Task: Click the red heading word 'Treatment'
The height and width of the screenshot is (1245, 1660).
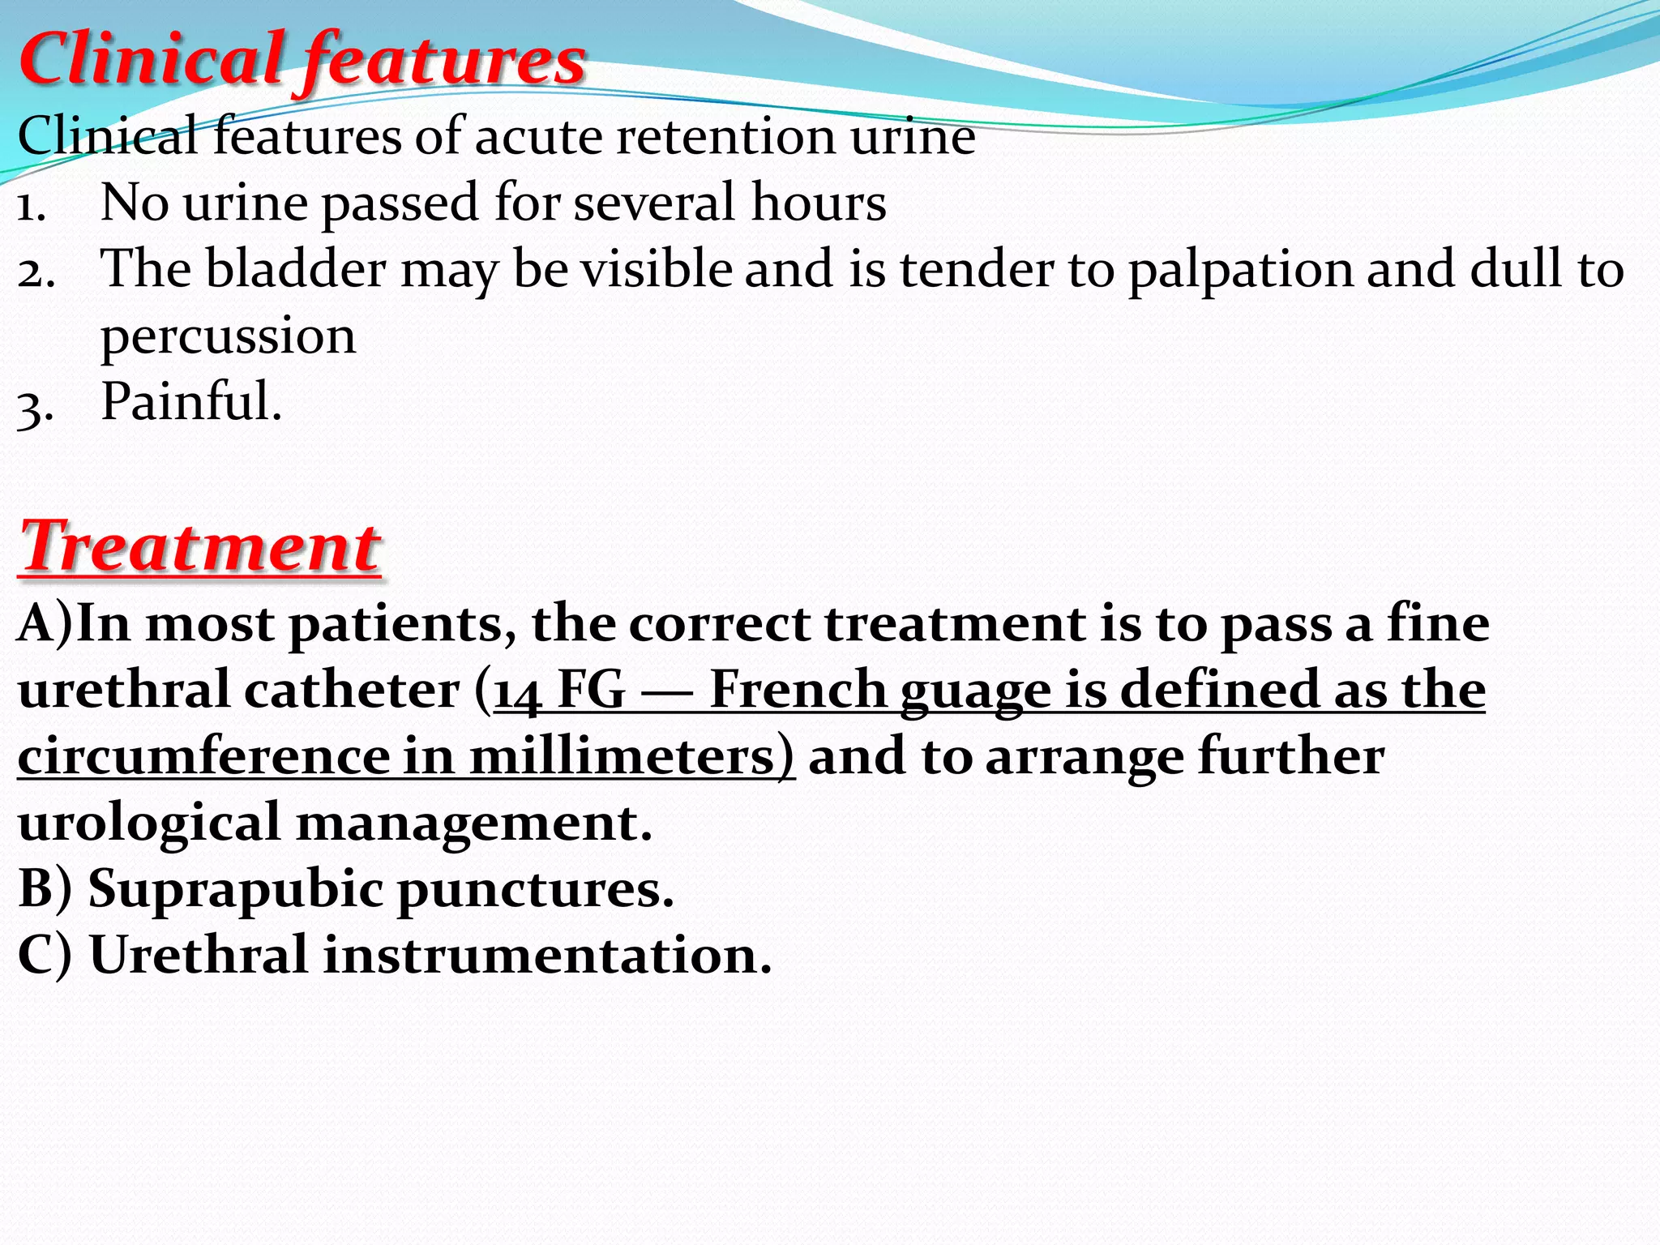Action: [199, 547]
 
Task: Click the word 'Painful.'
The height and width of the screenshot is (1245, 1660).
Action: [191, 401]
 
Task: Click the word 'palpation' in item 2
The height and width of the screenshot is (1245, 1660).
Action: [1241, 270]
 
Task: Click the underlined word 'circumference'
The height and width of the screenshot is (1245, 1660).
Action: [204, 757]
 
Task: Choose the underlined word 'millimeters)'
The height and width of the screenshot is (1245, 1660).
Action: [632, 757]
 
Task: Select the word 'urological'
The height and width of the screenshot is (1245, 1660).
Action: [149, 824]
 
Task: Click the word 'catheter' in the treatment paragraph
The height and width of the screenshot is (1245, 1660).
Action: [351, 691]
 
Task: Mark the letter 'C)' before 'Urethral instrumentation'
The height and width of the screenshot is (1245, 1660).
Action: [45, 955]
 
